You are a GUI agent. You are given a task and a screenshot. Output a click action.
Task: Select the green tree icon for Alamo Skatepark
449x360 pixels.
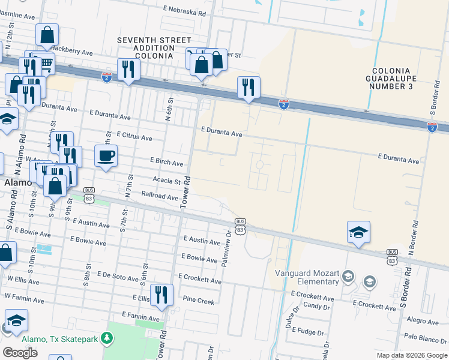tap(107, 339)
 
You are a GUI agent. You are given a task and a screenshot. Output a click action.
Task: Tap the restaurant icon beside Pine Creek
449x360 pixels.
tap(161, 295)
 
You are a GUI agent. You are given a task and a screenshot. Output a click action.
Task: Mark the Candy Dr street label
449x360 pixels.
tap(313, 306)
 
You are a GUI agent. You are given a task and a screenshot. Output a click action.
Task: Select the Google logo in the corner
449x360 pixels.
tap(20, 353)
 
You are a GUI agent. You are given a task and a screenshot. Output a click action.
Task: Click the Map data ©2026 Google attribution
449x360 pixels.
tap(412, 355)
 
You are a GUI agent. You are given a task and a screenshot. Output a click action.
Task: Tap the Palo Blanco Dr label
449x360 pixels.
tap(426, 337)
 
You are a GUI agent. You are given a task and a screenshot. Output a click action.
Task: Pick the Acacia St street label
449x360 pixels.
tap(167, 181)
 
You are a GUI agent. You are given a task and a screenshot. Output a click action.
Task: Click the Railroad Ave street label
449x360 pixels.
tap(159, 196)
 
